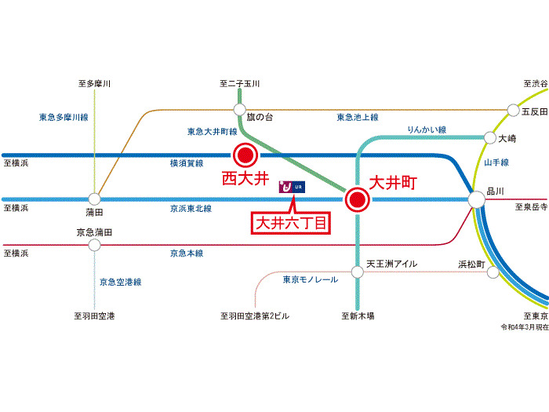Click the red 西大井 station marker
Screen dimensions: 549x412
tap(245, 155)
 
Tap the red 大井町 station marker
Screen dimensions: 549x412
tap(357, 199)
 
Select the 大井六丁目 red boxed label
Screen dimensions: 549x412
tap(291, 223)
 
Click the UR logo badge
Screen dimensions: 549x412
tap(292, 187)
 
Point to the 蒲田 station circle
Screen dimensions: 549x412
tap(94, 199)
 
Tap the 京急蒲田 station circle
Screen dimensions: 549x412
tap(94, 245)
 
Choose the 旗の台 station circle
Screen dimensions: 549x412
tap(240, 110)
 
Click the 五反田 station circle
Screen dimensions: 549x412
tap(513, 110)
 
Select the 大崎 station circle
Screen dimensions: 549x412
tap(490, 137)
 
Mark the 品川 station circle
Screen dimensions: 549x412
tap(477, 199)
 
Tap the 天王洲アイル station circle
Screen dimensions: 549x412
tap(358, 272)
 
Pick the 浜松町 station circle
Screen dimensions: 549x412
tap(493, 272)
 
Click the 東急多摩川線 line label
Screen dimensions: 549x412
tap(64, 117)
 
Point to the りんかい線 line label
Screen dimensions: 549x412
tap(427, 129)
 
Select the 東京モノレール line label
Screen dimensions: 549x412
tap(311, 279)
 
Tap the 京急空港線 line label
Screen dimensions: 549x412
tap(121, 282)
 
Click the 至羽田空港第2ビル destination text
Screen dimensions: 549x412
tap(255, 316)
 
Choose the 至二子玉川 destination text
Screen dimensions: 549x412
tap(240, 84)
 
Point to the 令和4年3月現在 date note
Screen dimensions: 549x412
tap(525, 327)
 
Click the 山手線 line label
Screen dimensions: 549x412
tap(496, 162)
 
